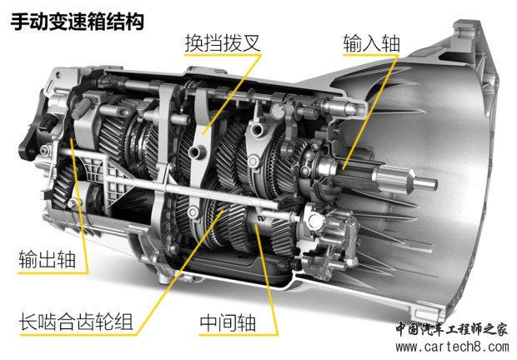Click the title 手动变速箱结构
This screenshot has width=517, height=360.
click(78, 22)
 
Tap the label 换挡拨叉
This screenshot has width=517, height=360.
click(223, 42)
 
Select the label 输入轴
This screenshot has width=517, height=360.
click(371, 42)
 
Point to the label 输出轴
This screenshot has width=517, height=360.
click(47, 259)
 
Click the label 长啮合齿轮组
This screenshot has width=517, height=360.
click(76, 322)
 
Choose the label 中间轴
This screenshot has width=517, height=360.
click(228, 322)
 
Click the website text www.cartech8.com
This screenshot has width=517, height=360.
click(452, 347)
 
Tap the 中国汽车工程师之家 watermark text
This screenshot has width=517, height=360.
click(451, 329)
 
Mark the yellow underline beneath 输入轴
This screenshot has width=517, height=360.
click(370, 55)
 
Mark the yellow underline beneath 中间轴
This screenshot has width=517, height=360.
click(238, 335)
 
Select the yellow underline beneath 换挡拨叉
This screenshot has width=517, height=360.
click(223, 55)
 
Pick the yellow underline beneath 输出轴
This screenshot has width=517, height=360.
click(53, 272)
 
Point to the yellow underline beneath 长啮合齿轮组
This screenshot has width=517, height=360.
click(78, 335)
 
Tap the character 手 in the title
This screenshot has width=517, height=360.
click(19, 22)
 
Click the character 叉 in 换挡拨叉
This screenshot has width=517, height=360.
click(252, 42)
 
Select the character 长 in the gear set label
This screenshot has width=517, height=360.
click(28, 322)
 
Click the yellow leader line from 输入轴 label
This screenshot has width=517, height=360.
click(370, 112)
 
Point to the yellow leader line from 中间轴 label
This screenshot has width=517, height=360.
click(266, 279)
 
